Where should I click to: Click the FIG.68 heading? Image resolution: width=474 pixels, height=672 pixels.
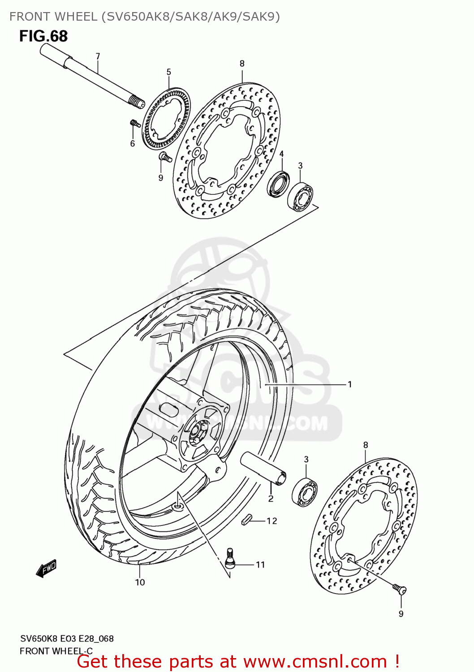pos(43,36)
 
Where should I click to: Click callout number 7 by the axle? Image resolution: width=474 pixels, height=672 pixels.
pos(98,56)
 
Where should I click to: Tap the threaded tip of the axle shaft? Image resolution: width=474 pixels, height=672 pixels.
pos(137,102)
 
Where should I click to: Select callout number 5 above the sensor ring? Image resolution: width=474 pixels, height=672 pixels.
pos(169,72)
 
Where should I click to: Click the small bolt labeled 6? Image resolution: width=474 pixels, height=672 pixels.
pos(134,123)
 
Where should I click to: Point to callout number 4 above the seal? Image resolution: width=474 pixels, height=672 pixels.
pos(281,154)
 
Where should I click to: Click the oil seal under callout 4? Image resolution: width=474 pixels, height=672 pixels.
pos(278,183)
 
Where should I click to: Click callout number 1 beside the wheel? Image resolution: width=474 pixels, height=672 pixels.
pos(349,384)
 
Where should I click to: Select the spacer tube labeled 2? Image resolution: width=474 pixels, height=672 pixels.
pos(263,468)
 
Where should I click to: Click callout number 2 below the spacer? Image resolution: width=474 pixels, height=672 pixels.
pos(271,499)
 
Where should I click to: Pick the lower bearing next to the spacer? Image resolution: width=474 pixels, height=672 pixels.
pos(305,492)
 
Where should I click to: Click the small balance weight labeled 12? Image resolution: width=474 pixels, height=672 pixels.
pos(246,520)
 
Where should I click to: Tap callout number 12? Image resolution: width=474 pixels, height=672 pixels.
pos(272,521)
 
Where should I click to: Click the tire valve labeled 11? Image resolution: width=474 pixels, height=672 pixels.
pos(230,558)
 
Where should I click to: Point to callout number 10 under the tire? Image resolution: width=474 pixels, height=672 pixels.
pos(140,582)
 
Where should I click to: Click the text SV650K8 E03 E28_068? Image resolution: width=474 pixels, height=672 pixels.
pos(67,638)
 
